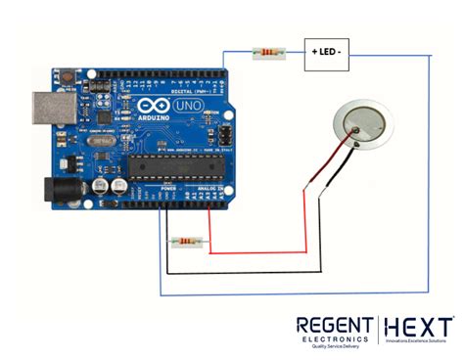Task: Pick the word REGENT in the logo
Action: (333, 325)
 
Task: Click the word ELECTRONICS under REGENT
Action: (334, 339)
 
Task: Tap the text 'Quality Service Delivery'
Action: (333, 347)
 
